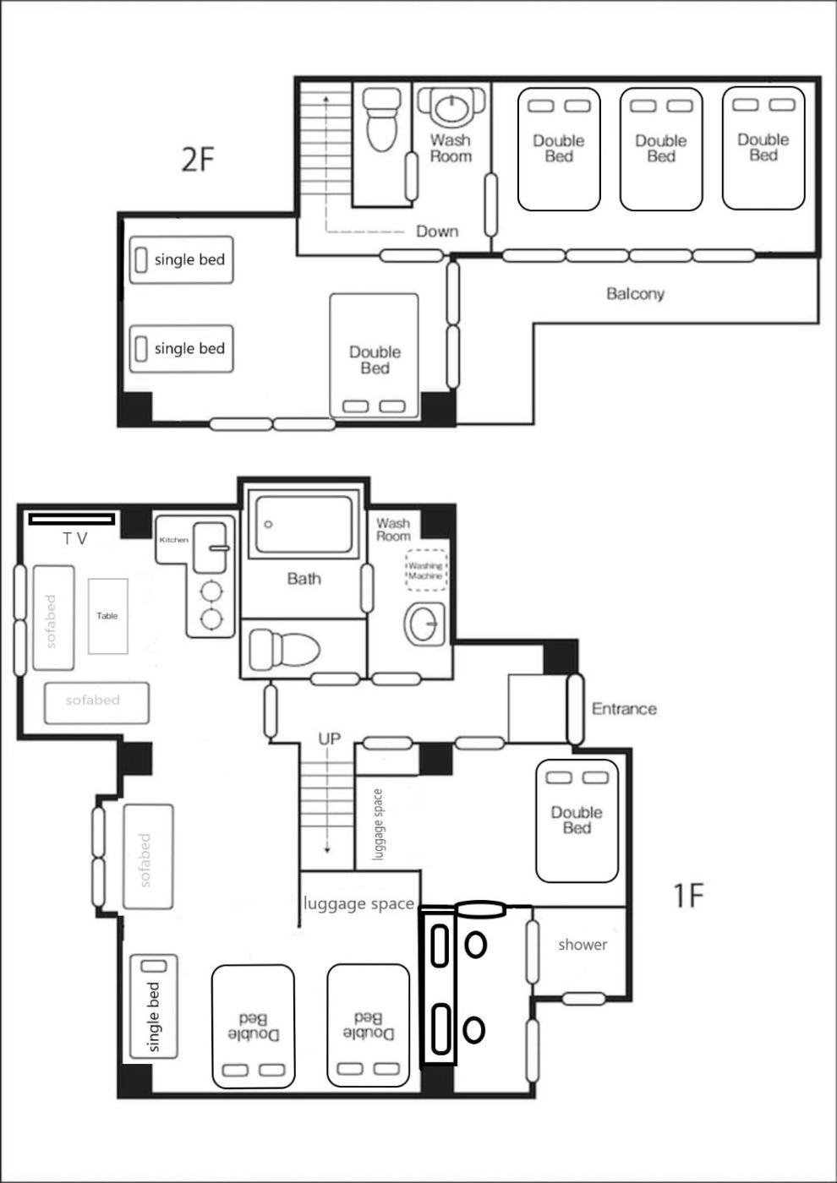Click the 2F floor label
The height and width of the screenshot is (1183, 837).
click(198, 159)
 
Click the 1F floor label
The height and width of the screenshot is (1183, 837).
click(688, 895)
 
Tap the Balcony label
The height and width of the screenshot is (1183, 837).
click(635, 294)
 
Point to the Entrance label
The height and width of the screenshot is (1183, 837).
click(624, 709)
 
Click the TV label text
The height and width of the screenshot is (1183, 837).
click(75, 539)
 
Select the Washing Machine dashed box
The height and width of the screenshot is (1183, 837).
click(426, 570)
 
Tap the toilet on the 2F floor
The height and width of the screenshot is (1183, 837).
click(382, 119)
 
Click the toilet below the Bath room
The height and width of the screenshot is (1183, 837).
click(284, 649)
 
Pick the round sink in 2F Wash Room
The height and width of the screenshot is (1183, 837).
click(451, 108)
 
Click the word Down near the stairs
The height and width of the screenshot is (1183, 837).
click(437, 232)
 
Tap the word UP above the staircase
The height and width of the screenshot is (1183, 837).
click(330, 739)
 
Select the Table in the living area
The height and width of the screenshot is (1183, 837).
click(108, 616)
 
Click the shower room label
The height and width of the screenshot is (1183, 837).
click(583, 944)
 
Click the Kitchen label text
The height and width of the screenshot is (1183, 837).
click(174, 540)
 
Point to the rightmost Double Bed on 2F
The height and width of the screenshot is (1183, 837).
click(763, 149)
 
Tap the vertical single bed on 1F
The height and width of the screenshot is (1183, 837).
click(153, 1006)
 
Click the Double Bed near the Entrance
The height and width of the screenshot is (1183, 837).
click(577, 820)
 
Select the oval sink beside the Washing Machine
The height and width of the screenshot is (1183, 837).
click(424, 624)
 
